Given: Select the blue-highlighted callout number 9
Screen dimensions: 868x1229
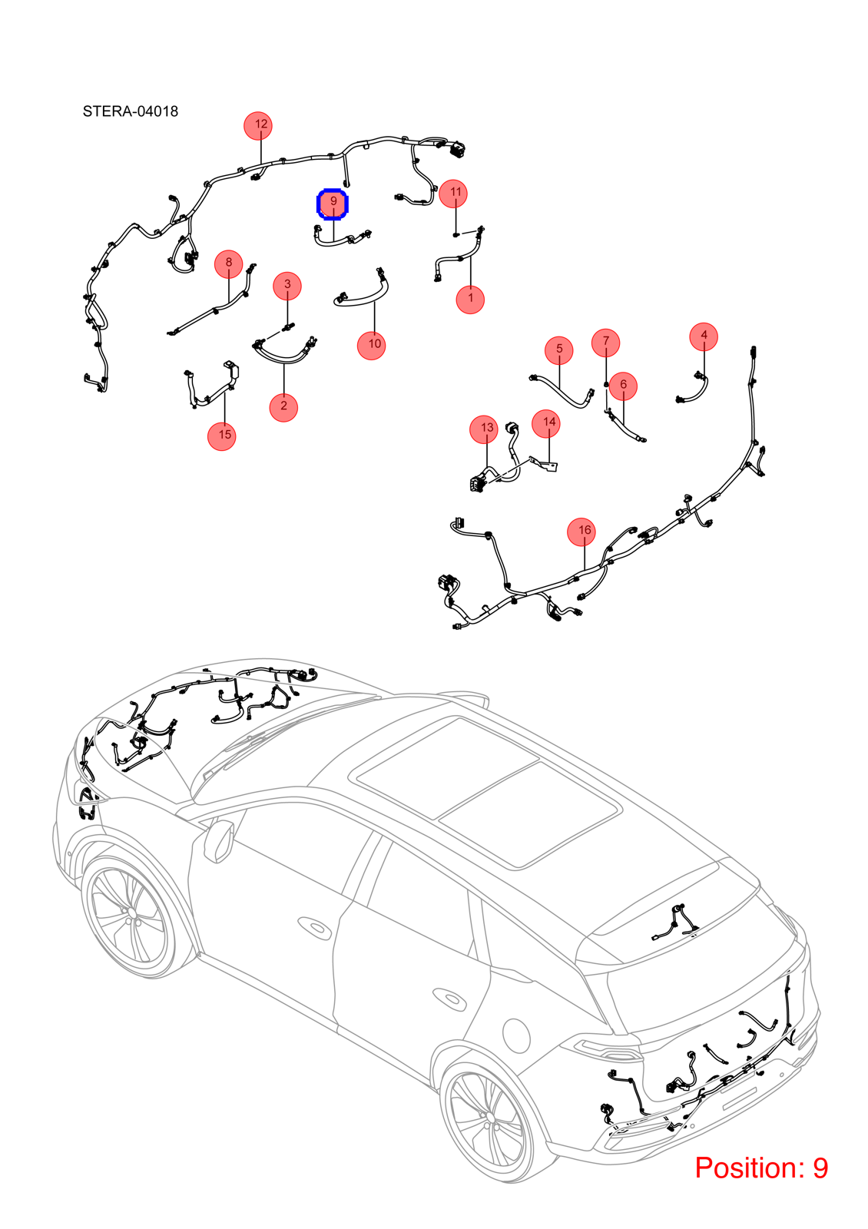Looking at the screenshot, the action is [x=333, y=204].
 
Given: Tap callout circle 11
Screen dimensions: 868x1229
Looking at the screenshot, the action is [x=453, y=194].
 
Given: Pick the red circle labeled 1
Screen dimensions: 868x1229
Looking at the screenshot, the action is [x=470, y=300].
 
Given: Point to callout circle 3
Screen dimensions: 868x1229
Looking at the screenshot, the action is [x=287, y=286].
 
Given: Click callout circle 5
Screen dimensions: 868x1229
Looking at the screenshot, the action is [x=559, y=350].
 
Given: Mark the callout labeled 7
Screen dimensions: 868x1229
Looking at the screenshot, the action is [x=606, y=343].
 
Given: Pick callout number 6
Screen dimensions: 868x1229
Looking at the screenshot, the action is [x=623, y=386].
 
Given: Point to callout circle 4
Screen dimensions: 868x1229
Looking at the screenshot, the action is [x=704, y=336].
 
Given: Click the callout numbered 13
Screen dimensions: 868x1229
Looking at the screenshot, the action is [x=484, y=429].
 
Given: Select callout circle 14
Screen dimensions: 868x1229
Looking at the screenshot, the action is [x=546, y=423].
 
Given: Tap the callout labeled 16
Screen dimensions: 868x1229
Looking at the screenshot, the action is [x=581, y=532].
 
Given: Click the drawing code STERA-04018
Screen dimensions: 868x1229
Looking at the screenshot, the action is [x=131, y=111].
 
